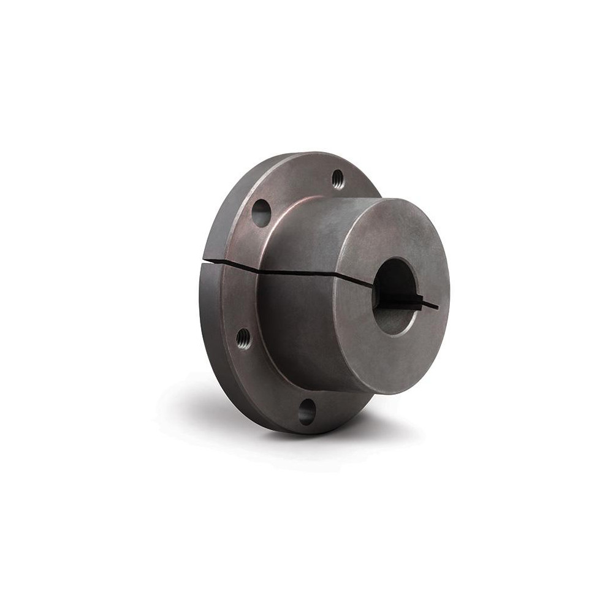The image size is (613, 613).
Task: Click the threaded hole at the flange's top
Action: [x=338, y=180]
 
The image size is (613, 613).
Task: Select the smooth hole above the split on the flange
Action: [x=261, y=213]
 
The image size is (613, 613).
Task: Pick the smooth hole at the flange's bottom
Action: [x=306, y=411]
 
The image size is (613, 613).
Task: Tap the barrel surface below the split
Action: [x=300, y=325]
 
